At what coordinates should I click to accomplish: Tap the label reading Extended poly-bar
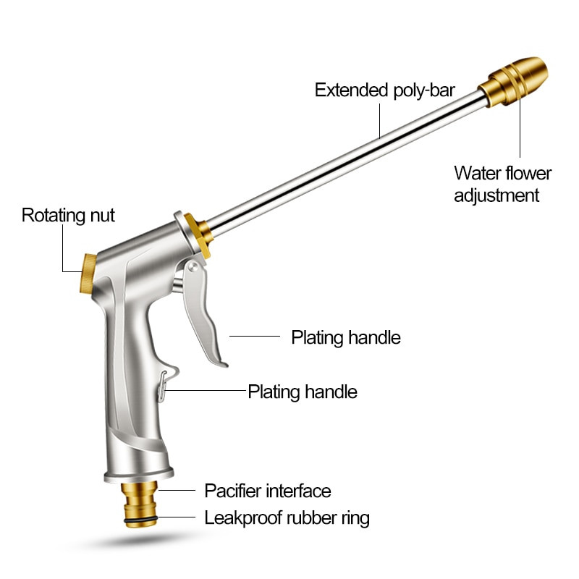pos(384,90)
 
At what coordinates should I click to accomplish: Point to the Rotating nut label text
pos(68,215)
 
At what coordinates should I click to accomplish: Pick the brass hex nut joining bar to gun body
pos(196,232)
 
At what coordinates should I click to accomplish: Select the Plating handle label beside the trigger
pos(345,337)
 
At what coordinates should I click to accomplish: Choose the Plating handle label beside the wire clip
pos(303,392)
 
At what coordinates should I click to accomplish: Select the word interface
pos(300,491)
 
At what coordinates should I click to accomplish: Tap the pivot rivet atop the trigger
pos(193,268)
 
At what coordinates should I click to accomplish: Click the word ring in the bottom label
pos(352,518)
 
